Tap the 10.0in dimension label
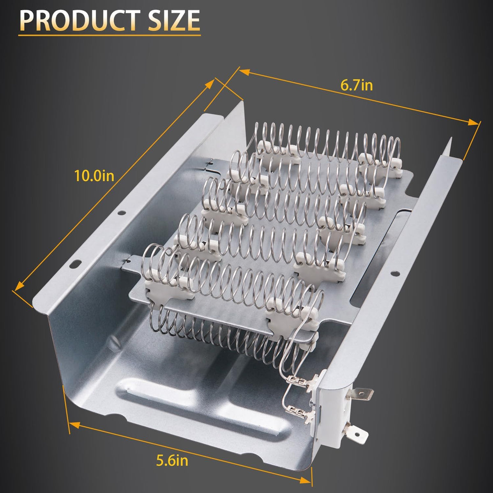pos(94,176)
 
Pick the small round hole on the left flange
pos(122,212)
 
